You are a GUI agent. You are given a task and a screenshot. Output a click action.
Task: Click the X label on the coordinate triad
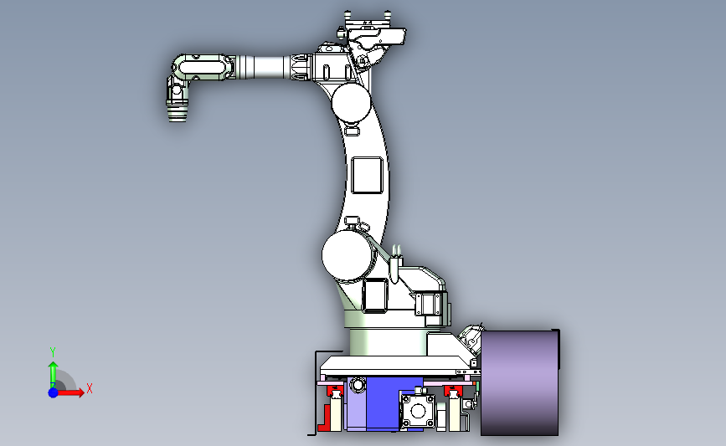point(90,388)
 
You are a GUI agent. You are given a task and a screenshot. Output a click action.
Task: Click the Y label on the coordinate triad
point(52,352)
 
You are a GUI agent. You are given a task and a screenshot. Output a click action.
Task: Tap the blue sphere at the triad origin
point(54,392)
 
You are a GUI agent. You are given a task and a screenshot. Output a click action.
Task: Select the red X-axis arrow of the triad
point(70,392)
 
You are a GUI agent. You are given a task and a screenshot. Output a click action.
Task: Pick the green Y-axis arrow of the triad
point(54,375)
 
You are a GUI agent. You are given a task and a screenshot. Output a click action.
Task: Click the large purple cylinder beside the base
point(519,382)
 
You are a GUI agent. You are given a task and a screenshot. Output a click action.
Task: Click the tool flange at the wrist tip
point(177,115)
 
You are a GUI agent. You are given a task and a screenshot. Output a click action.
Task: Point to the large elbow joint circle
point(352,103)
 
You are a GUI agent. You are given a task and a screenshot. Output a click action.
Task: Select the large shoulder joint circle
point(347,256)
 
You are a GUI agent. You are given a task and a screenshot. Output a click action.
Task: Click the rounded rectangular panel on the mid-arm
point(367,175)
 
